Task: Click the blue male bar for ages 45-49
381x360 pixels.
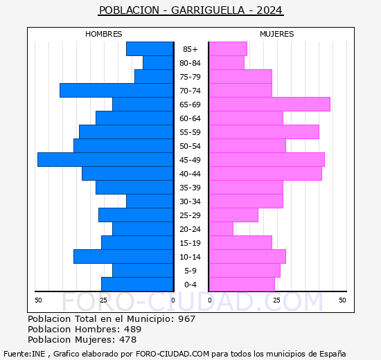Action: click(105, 159)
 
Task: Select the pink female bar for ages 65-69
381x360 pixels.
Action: click(269, 104)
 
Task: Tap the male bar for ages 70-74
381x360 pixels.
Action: click(116, 90)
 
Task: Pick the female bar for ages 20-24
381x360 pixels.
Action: click(221, 228)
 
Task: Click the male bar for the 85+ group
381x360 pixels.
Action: click(150, 48)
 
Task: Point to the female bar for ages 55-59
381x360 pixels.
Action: click(263, 132)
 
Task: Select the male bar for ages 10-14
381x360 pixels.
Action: click(123, 256)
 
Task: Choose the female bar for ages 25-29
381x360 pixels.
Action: click(233, 215)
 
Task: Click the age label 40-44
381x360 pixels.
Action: click(190, 174)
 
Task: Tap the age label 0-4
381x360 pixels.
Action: click(190, 285)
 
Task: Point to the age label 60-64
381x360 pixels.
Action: click(190, 118)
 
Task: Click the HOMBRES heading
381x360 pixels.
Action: click(104, 34)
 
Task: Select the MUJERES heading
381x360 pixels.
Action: click(276, 34)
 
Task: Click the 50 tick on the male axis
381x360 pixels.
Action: click(38, 300)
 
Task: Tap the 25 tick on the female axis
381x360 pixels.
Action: click(276, 300)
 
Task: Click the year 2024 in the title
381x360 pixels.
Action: click(268, 10)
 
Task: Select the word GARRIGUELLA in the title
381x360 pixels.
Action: click(205, 10)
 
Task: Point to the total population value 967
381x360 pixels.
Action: click(186, 319)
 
